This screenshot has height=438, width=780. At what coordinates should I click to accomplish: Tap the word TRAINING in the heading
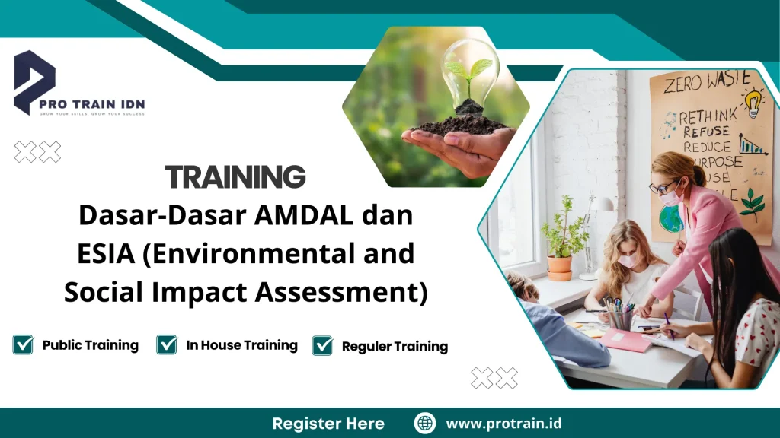click(235, 176)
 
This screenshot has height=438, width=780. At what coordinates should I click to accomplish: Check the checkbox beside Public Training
click(23, 345)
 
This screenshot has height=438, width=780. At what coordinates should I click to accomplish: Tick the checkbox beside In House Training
click(167, 345)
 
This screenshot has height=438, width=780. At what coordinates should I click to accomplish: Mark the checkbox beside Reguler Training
click(323, 346)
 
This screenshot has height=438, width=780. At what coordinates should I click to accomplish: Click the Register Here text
click(328, 424)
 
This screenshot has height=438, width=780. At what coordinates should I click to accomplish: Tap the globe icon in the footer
click(425, 423)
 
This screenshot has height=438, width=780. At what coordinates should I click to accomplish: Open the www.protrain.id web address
click(503, 424)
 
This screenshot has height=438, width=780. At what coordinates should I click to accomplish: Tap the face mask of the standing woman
click(670, 198)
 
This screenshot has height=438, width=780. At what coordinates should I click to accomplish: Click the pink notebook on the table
click(626, 340)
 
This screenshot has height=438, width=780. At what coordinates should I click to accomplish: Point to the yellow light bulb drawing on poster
click(753, 103)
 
